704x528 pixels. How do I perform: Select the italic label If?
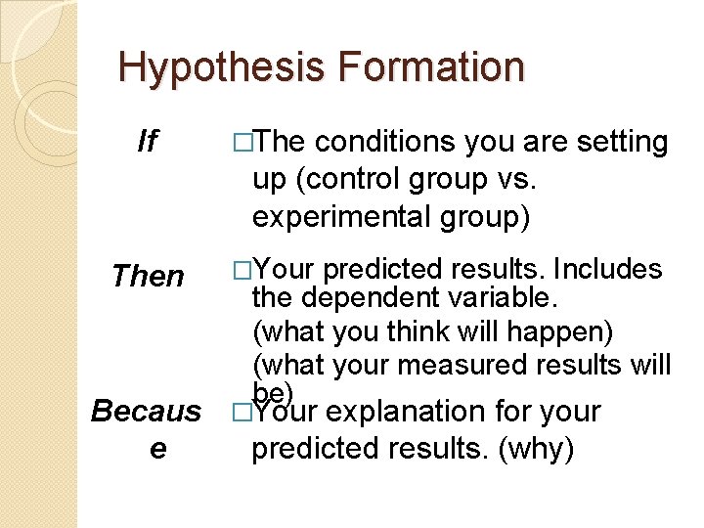pyautogui.click(x=147, y=144)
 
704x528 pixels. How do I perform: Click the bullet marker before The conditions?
pyautogui.click(x=242, y=144)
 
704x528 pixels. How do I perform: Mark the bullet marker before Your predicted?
pyautogui.click(x=242, y=270)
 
